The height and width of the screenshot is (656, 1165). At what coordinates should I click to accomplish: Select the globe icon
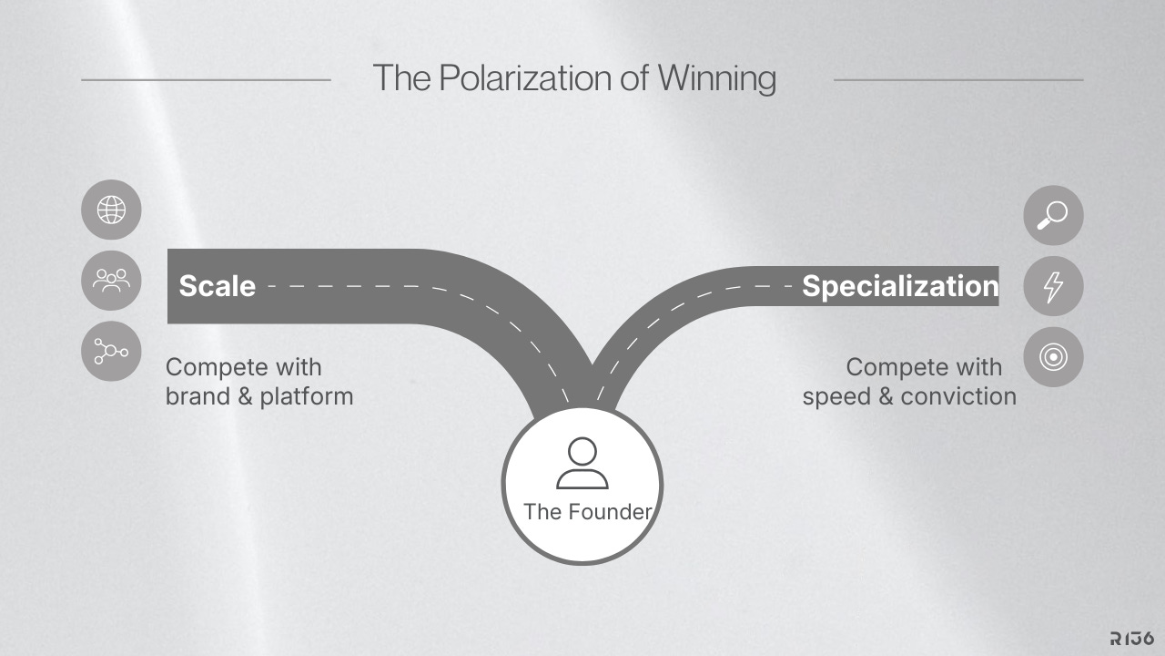tap(111, 210)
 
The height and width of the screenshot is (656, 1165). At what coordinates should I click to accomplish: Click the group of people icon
tap(111, 280)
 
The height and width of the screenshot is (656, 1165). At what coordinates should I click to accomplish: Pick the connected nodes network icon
tap(111, 351)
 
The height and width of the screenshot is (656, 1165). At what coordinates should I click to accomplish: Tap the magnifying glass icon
tap(1053, 216)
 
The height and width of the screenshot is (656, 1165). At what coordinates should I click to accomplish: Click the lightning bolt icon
tap(1053, 286)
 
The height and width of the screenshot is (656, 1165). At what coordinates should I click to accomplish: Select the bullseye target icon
tap(1053, 357)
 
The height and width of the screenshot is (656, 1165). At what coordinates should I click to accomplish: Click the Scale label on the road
tap(217, 286)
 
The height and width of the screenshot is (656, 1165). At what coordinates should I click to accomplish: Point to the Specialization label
tap(899, 286)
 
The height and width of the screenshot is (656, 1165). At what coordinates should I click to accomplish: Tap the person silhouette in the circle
tap(582, 463)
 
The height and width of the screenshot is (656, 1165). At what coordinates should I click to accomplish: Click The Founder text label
tap(587, 511)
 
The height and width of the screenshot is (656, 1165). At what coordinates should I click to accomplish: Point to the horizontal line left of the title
tap(206, 80)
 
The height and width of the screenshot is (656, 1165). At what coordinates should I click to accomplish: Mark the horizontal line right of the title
tap(957, 80)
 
